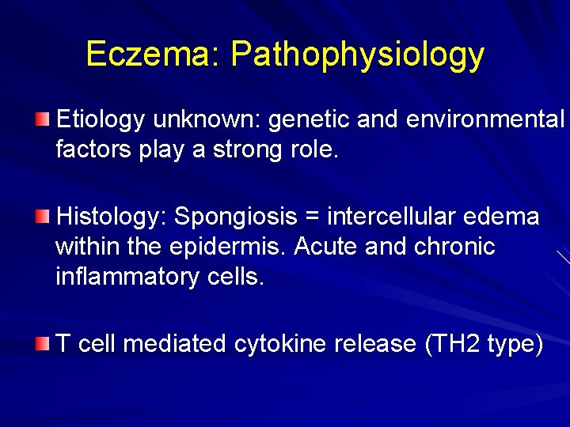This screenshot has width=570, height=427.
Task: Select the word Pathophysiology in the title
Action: (357, 55)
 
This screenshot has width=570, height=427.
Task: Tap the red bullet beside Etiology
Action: (42, 119)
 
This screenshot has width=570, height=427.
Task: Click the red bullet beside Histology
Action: (42, 216)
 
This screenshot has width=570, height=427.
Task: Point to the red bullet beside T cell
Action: (42, 343)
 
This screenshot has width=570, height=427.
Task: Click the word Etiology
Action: (101, 120)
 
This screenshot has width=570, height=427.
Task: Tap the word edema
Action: (509, 217)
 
